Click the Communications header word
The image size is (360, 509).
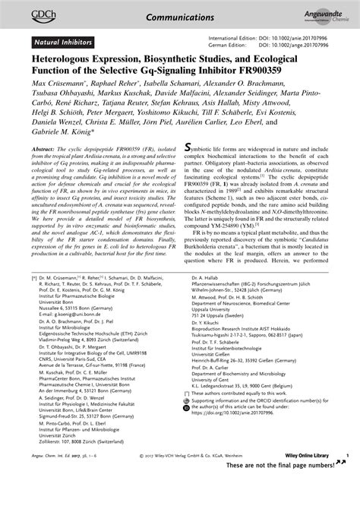pyautogui.click(x=180, y=13)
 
